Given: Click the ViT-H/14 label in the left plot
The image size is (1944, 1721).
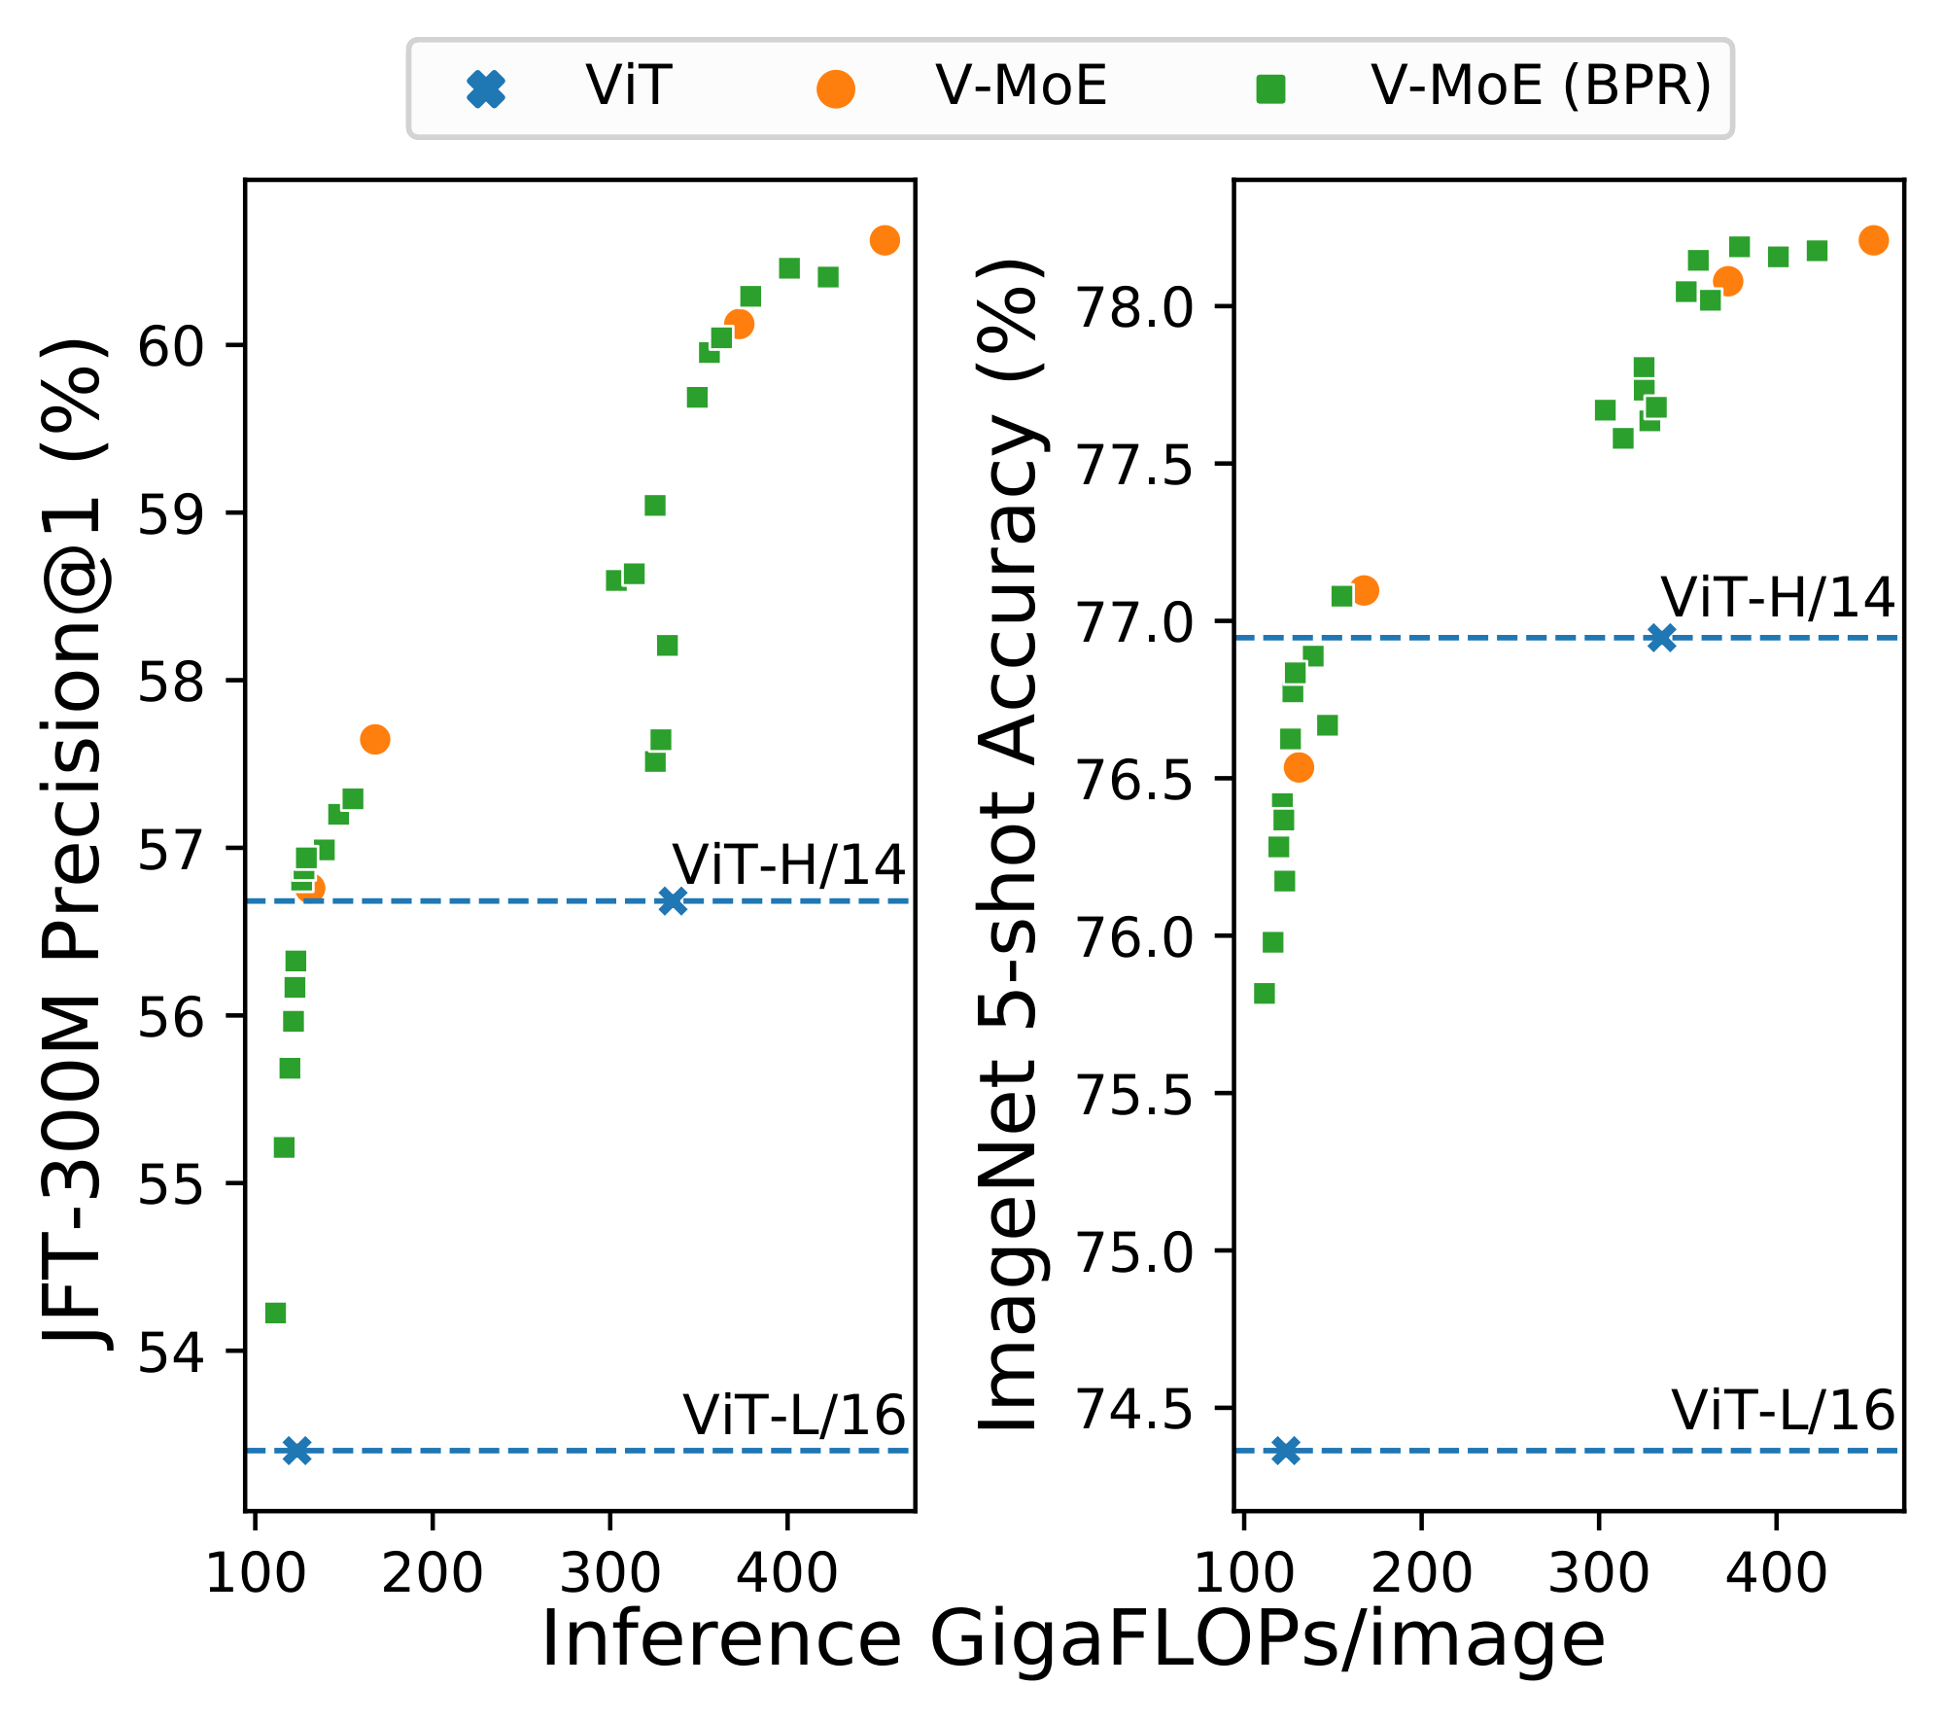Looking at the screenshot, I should [x=788, y=864].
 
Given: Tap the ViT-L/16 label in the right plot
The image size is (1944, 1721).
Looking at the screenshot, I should [x=1783, y=1411].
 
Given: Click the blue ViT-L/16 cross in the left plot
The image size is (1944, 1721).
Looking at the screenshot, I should [x=295, y=1451].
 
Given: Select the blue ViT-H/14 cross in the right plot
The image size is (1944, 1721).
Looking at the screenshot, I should [x=1662, y=638].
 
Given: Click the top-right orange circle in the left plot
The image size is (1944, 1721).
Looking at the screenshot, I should [x=885, y=240].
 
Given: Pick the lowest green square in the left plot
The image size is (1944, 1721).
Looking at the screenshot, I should [x=275, y=1314].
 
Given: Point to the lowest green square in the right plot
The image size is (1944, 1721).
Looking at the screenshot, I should [x=1265, y=993].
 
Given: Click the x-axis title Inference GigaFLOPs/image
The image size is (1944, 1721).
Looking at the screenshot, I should [x=1072, y=1640].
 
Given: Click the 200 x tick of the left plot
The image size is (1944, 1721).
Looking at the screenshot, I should [x=432, y=1573].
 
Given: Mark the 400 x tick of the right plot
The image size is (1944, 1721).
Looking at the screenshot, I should [x=1776, y=1573].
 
